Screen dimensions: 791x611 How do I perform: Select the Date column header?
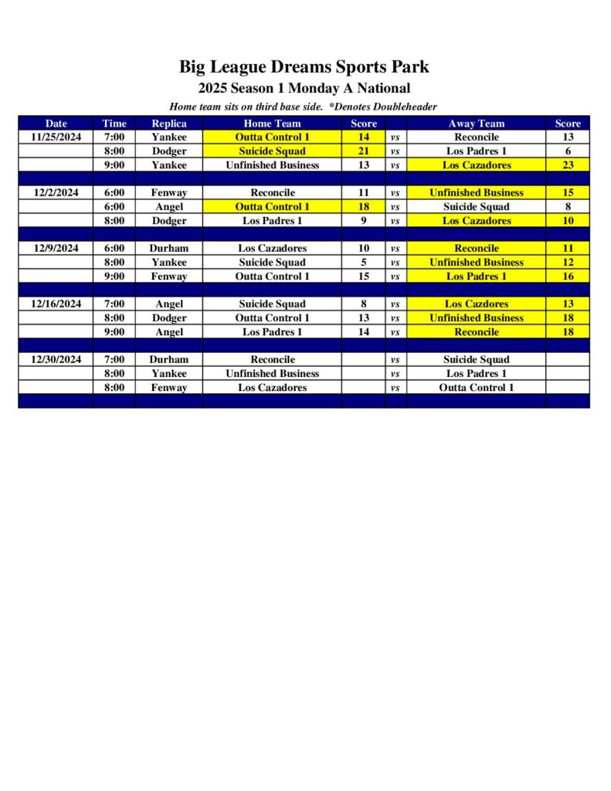coord(56,124)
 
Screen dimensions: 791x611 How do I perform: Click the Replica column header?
coord(168,124)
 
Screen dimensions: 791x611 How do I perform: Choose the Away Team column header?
coord(476,124)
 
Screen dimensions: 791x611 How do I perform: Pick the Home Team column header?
coord(272,124)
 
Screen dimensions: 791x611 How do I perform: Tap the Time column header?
coord(114,124)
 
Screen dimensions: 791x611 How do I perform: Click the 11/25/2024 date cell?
coord(56,137)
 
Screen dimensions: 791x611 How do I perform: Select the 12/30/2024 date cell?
coord(56,360)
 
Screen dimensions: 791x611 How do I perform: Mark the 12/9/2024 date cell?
coord(56,249)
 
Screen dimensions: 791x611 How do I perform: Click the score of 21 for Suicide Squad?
coord(364,151)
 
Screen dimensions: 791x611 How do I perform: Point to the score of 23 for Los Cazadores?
coord(568,165)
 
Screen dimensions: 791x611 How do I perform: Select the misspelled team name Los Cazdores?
coord(476,304)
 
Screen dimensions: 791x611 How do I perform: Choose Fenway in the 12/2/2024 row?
coord(168,193)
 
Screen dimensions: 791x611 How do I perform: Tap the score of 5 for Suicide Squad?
coord(364,263)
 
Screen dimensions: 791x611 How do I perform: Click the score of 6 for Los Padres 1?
coord(568,151)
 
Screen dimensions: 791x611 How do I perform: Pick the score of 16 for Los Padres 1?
coord(568,277)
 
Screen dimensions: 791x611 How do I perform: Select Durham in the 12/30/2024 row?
coord(168,360)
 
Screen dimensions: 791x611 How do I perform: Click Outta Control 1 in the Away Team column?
coord(476,388)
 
